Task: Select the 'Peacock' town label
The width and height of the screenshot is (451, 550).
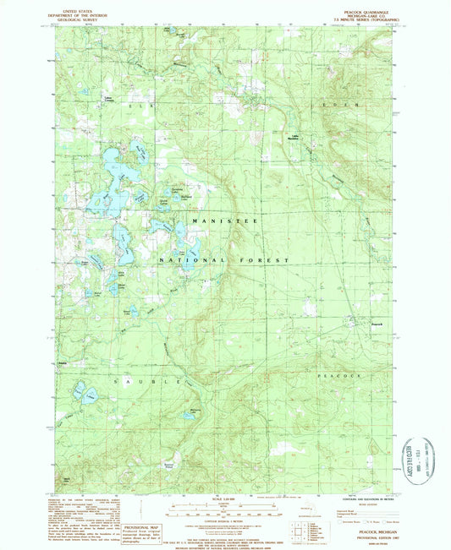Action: coord(377,324)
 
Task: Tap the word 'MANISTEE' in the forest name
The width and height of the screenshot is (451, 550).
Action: coord(223,221)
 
